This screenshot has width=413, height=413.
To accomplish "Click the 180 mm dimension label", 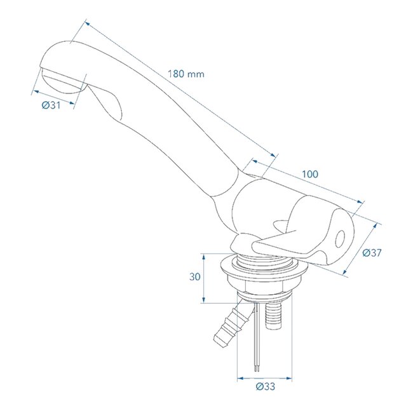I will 186,73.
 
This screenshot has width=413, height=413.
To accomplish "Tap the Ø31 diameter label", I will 51,105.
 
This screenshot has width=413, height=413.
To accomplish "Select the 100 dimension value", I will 310,174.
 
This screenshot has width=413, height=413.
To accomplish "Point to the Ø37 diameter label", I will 372,253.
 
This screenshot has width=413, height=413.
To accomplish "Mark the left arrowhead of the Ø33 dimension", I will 240,379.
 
